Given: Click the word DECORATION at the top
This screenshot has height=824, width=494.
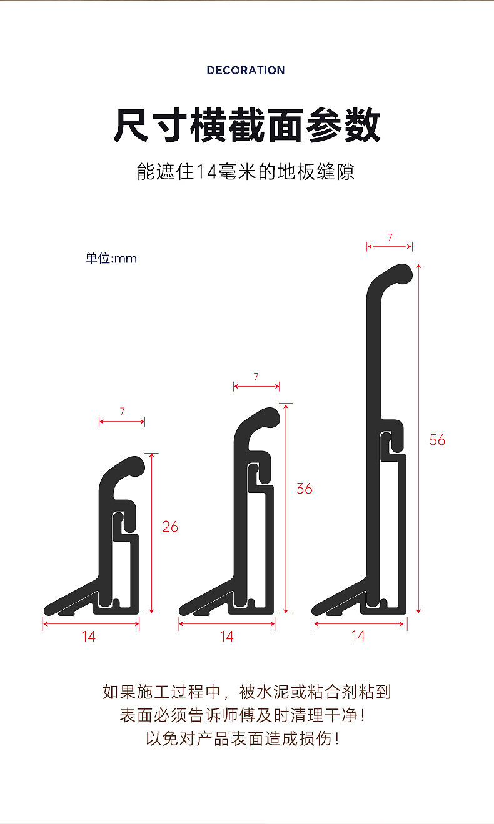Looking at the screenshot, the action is coord(246,70).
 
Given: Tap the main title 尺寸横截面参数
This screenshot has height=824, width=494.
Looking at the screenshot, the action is coord(246,126).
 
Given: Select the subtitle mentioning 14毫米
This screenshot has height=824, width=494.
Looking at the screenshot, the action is coord(246,172).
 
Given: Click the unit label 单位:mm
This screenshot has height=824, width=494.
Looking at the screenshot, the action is coord(111,258).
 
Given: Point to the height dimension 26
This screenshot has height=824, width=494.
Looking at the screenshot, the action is coord(170,527).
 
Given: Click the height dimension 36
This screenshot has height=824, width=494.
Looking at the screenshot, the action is coord(305,489).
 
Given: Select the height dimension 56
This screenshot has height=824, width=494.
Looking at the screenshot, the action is coord(437,440).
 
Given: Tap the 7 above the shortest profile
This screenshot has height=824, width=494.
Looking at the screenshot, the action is coord(122,411).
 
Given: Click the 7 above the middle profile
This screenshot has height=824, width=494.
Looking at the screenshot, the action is coord(256,376).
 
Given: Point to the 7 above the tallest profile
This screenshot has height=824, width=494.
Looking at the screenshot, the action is coord(390,237).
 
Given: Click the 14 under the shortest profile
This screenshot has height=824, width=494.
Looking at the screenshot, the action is coord(89,637).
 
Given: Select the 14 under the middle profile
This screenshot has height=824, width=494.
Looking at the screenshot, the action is coord(227,637).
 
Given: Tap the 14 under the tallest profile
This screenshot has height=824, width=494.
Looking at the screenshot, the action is coord(358,636).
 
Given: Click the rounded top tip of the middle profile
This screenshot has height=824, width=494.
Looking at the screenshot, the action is coord(270,417).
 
